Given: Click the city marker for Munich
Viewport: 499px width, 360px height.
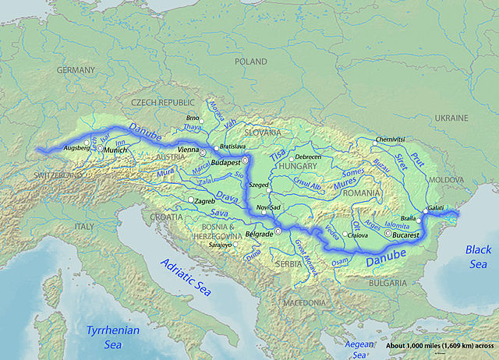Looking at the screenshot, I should pyautogui.click(x=100, y=148).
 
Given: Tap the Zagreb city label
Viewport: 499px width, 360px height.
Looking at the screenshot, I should pyautogui.click(x=204, y=201).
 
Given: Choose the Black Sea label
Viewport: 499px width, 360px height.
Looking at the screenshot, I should pyautogui.click(x=478, y=256).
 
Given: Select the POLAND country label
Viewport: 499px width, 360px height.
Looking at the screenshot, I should pyautogui.click(x=253, y=61).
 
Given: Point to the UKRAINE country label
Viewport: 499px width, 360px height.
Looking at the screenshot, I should pyautogui.click(x=451, y=118).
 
